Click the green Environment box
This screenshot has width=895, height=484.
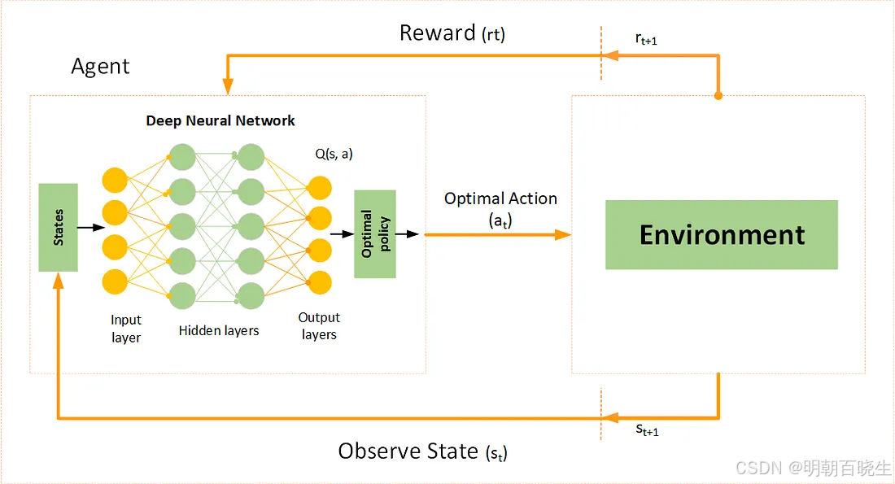click(x=721, y=234)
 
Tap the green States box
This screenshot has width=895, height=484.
click(x=59, y=227)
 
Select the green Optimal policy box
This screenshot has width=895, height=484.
click(x=375, y=234)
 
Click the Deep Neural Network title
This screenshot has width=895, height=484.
click(x=220, y=121)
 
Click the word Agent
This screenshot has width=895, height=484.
click(x=100, y=66)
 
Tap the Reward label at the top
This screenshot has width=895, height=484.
click(x=452, y=33)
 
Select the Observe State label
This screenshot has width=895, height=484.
click(x=422, y=451)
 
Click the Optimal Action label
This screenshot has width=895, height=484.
click(x=500, y=208)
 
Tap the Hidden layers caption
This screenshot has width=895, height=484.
click(x=219, y=331)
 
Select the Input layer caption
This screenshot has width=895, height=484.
click(x=126, y=329)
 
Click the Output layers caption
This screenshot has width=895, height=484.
click(x=319, y=325)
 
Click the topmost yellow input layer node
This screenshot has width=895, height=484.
click(x=116, y=181)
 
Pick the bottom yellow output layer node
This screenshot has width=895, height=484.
click(x=320, y=281)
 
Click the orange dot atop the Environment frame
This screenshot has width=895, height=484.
click(x=718, y=96)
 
